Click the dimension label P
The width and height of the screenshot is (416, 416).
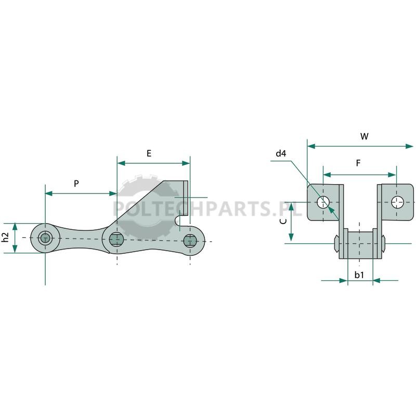pos(76,184)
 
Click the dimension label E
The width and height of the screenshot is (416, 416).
pos(149,153)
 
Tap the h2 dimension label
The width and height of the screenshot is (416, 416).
pos(5,237)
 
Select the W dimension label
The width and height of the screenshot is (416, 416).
pos(365,136)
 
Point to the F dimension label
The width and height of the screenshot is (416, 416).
pos(358,163)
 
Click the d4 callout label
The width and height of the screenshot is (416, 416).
pos(281,153)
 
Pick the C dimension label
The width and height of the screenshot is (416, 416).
pos(283,222)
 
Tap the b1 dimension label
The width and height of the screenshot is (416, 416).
pos(359,275)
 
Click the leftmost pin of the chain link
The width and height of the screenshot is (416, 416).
pos(45,238)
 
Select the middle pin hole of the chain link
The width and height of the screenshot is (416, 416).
pos(116,239)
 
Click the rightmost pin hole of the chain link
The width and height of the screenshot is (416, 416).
pos(190,241)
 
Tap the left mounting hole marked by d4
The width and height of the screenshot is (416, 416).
pos(323,202)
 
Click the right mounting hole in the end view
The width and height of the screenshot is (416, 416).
pos(397,202)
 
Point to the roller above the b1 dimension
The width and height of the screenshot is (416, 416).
pos(360,244)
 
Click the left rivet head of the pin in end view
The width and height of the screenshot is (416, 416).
pos(336,243)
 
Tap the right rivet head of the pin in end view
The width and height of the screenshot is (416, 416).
pos(383,243)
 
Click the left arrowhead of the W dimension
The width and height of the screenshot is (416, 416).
pos(311,146)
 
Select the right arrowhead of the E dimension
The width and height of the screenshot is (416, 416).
pos(186,163)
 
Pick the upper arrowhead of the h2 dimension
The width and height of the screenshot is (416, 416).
pos(15,227)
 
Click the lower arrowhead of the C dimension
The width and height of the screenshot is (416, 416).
pos(291,237)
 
